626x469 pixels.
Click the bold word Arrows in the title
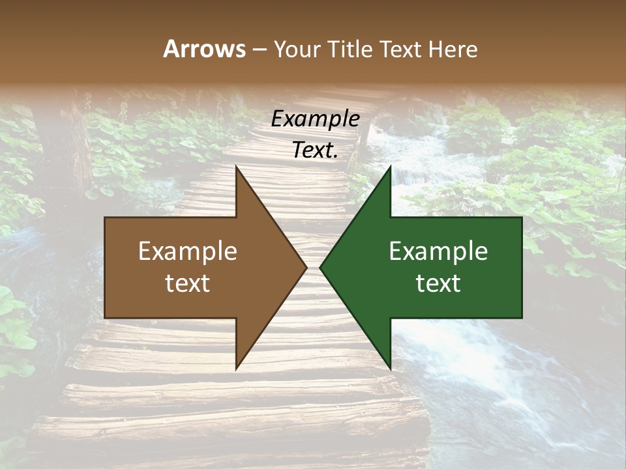204,49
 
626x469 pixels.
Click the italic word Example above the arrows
315,119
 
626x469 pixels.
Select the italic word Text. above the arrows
315,150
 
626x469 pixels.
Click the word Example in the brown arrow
188,251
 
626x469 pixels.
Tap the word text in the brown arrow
188,283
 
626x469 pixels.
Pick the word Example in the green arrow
438,251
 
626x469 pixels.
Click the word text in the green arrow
438,283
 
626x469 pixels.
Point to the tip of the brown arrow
306,267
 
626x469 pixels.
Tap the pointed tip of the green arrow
320,267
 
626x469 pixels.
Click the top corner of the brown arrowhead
236,167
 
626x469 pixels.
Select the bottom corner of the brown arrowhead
236,368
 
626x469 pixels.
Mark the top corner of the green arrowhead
390,167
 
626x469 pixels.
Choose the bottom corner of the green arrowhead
390,368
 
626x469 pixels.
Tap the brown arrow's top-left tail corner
105,218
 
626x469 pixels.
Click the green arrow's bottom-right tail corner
522,317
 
